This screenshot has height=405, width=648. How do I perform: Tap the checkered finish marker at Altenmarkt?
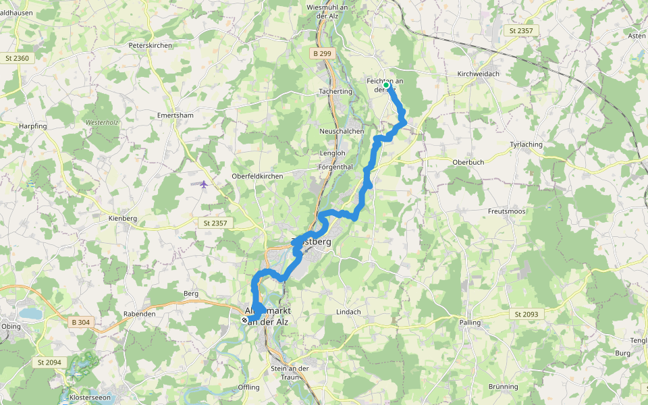point(244,320)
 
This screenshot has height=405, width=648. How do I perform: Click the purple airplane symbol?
point(203,184)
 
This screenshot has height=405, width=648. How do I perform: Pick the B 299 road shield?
point(323,53)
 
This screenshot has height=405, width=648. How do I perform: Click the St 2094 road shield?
point(47,362)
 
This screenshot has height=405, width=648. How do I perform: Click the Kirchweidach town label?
point(478,74)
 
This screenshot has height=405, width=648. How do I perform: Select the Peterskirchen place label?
point(151,45)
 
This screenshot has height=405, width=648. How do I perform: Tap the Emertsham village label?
point(175,115)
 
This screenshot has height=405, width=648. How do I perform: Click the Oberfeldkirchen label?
point(256,176)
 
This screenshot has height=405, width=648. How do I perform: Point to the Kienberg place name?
point(123,219)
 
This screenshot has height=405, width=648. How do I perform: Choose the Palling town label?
point(470,323)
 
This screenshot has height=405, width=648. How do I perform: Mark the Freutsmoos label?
point(506,211)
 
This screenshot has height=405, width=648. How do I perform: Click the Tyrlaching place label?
point(527,144)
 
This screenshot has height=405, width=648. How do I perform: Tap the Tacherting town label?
point(335,92)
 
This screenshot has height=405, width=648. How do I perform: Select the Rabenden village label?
point(140,314)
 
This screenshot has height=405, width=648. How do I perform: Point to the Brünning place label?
point(503,387)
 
